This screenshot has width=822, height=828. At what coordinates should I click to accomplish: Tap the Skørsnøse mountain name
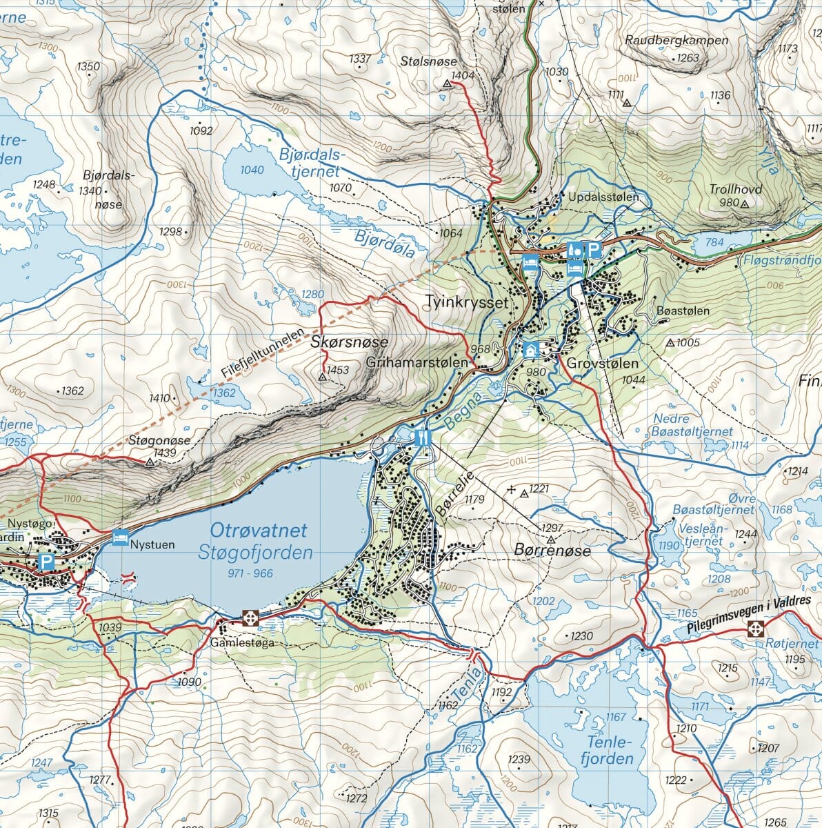click(350, 342)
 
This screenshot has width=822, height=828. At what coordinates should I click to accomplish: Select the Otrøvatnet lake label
click(259, 531)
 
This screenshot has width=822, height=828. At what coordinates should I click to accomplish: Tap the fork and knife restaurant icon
click(423, 437)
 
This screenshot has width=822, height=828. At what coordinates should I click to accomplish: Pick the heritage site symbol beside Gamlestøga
click(250, 618)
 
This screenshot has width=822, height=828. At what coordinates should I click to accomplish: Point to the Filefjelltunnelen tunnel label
click(263, 353)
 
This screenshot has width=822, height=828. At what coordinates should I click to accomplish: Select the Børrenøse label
click(552, 551)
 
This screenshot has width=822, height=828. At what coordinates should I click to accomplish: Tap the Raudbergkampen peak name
click(676, 40)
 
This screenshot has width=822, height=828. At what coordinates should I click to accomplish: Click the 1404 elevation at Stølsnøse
click(463, 75)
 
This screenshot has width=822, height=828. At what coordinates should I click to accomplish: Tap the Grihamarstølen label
click(418, 362)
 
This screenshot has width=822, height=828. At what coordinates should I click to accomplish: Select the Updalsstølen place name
click(604, 197)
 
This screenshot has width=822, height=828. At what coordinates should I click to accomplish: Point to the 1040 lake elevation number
click(253, 170)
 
